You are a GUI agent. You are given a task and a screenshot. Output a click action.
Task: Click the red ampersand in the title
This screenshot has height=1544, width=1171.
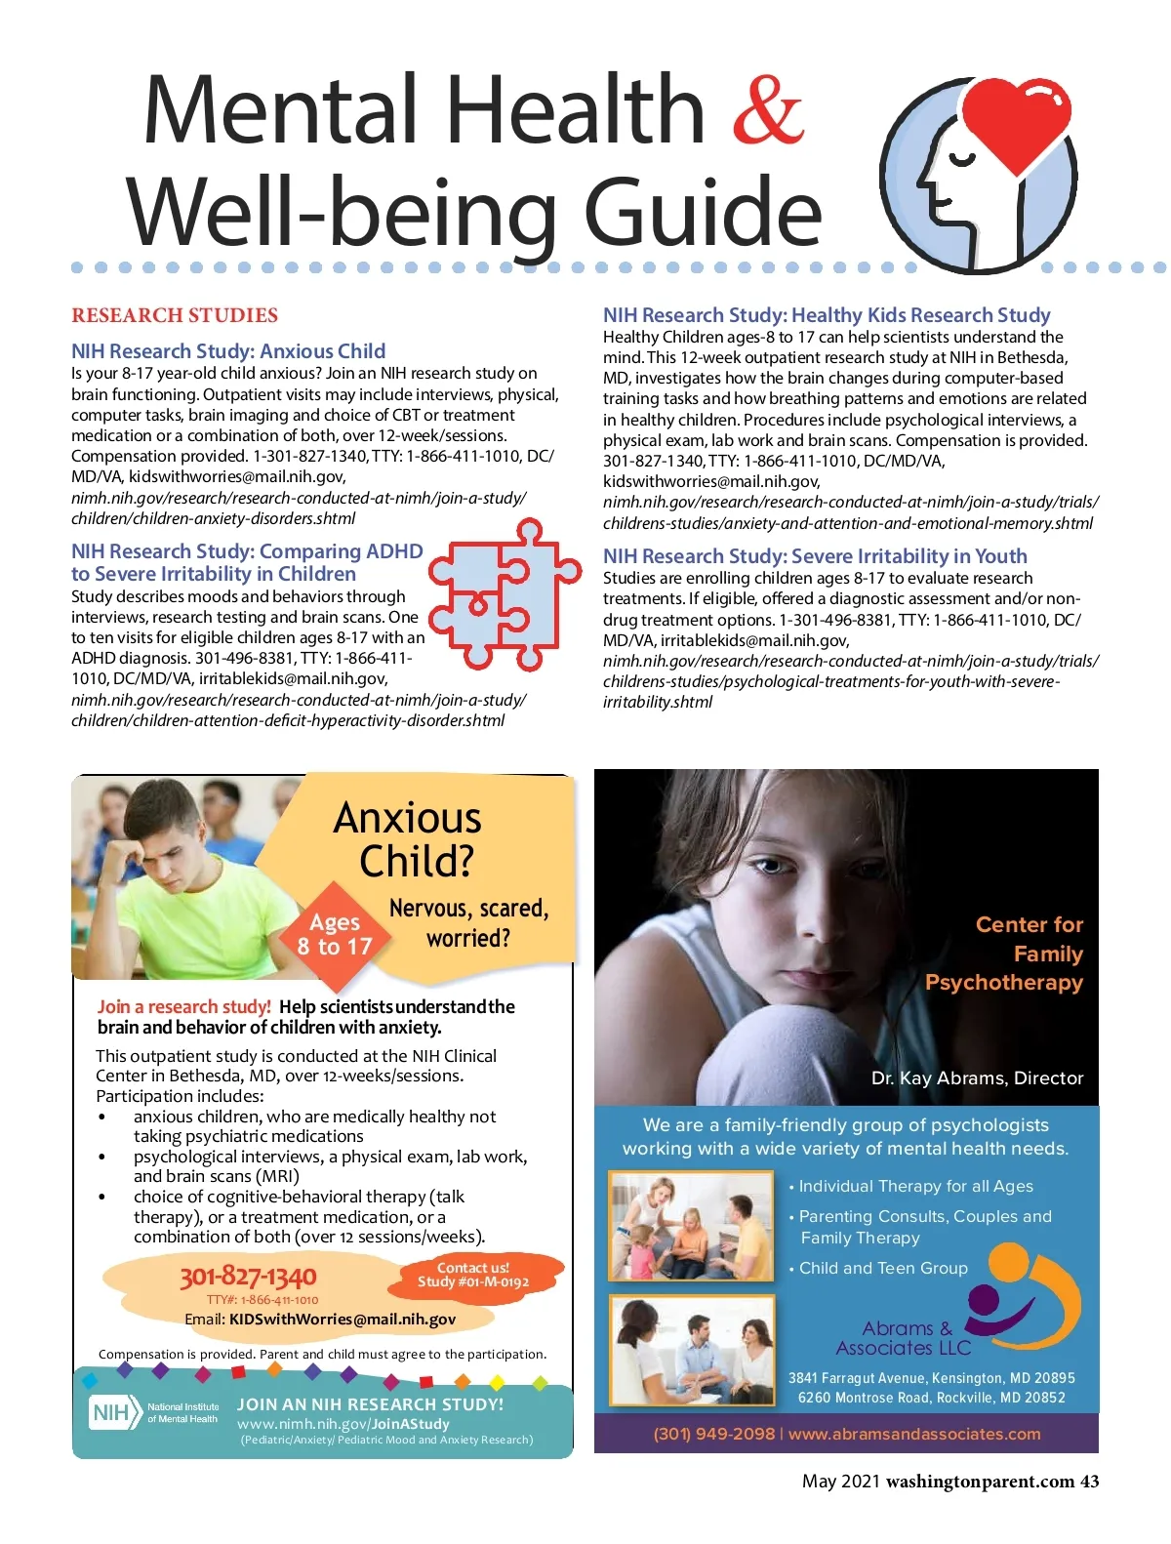point(768,109)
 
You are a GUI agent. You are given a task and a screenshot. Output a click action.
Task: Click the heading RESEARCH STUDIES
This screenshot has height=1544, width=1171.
point(175,315)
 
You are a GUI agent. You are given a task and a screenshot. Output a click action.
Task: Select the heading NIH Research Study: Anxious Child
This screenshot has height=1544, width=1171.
point(228,351)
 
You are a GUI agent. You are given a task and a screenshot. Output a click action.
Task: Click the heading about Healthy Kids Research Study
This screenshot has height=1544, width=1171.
point(827,315)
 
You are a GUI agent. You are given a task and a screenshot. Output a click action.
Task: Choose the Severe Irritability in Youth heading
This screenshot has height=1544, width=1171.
point(815,556)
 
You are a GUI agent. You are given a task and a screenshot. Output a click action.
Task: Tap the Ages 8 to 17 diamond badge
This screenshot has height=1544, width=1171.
point(335,934)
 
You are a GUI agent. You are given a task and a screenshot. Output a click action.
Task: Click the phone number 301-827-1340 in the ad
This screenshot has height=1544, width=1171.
point(248,1277)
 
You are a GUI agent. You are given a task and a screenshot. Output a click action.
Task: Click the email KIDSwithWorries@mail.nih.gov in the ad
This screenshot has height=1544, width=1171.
point(342,1320)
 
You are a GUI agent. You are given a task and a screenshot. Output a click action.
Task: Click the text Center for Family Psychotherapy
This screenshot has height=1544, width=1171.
point(1005,954)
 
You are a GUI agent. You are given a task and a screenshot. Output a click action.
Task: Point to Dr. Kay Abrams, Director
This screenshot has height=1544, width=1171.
point(977,1078)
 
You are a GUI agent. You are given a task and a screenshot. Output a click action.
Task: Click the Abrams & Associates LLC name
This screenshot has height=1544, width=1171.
point(905,1338)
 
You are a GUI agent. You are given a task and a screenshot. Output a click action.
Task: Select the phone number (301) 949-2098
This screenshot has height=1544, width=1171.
point(713,1435)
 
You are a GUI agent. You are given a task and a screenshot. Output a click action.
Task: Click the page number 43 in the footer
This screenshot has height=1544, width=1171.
point(1089,1482)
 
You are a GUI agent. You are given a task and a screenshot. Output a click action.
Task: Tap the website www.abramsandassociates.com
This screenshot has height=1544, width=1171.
point(914,1435)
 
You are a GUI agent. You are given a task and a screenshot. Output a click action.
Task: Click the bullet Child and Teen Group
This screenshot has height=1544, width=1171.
point(882,1268)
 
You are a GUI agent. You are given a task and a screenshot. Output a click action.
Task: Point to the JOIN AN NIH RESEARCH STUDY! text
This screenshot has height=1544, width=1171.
point(371,1404)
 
